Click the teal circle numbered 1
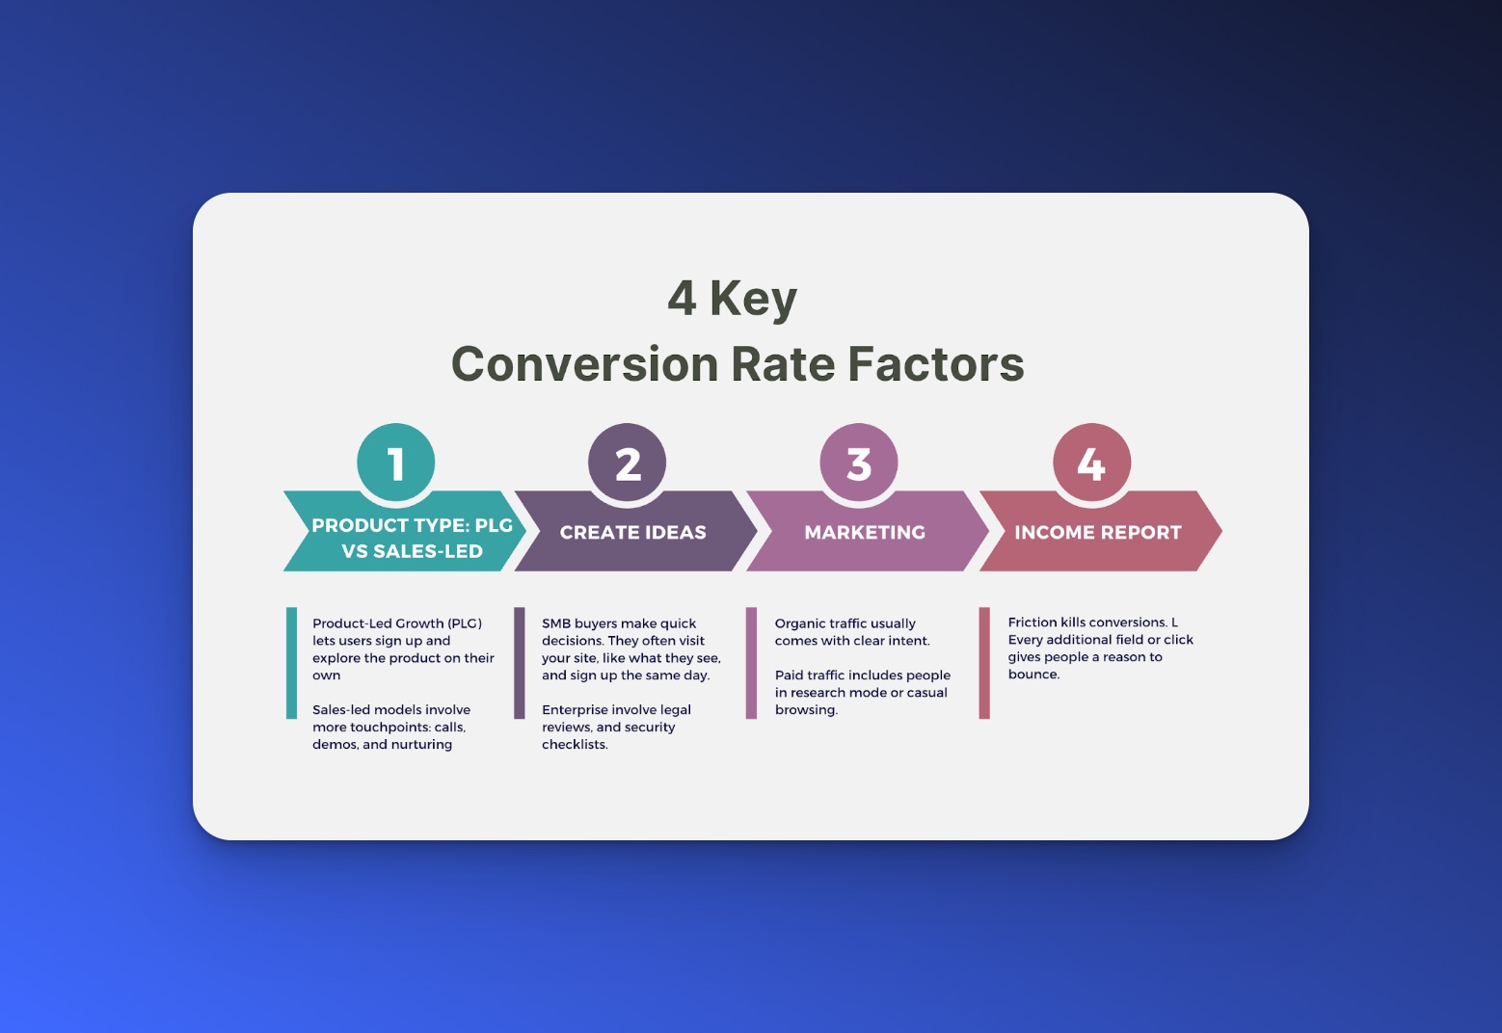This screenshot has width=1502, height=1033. coord(395,463)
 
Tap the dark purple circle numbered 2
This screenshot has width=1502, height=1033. coord(628,463)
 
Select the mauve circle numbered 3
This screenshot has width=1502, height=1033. coord(859,463)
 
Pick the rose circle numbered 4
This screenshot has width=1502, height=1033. coord(1091,463)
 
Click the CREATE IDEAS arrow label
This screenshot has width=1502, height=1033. coord(632,532)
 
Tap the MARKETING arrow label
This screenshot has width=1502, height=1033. coord(865,532)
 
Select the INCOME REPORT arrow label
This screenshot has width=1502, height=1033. coord(1097,532)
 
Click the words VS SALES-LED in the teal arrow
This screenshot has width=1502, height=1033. coord(412,551)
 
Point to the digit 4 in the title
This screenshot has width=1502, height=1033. coord(682,298)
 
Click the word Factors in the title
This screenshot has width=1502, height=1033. coord(935,364)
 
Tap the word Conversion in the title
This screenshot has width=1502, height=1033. coord(584,364)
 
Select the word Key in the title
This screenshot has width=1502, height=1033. coord(753,300)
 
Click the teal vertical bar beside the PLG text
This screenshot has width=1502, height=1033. coord(291,662)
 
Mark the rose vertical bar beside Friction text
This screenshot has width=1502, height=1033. coord(984,662)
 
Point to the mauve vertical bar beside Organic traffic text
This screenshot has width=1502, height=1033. coord(751,662)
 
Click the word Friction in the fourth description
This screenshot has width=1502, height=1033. coord(1033,622)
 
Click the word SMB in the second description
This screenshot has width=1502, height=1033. coord(556,623)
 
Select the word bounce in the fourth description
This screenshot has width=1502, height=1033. coord(1032,675)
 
